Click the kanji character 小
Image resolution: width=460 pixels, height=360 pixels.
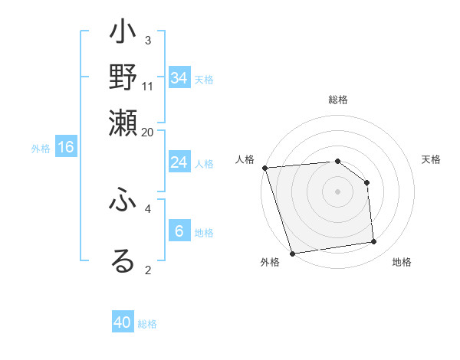point(123,34)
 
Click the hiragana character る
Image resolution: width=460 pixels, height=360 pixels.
point(123,260)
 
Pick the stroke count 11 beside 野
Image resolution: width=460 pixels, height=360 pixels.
point(148,86)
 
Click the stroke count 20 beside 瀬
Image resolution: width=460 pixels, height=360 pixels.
point(148,131)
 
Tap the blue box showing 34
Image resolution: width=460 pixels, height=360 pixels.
point(179,78)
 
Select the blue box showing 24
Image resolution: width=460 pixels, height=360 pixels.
point(179,162)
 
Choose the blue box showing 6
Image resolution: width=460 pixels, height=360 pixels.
point(179,231)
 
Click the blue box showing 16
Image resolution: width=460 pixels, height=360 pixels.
point(66,147)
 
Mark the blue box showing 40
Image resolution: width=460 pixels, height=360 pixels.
point(123,322)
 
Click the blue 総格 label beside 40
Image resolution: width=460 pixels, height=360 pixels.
point(148,324)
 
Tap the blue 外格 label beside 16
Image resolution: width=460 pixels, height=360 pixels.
point(40,149)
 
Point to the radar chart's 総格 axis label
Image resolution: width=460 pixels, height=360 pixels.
point(338,100)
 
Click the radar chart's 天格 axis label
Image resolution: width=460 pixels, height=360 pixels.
point(432,159)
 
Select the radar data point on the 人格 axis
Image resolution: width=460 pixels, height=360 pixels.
point(264,168)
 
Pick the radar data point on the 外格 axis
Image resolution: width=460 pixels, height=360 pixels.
point(292,253)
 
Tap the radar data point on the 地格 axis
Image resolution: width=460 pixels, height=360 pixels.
point(374,242)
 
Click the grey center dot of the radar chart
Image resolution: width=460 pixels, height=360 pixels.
point(338,191)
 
